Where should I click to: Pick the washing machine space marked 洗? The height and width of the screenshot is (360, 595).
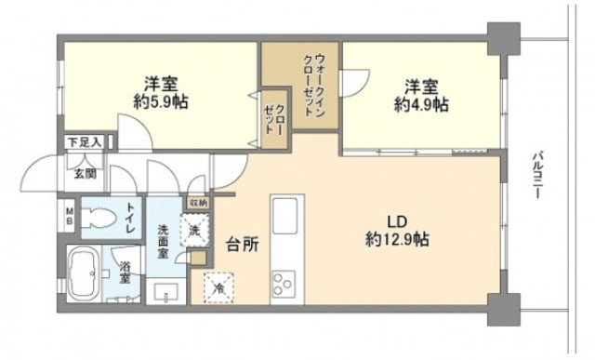pyautogui.click(x=196, y=230)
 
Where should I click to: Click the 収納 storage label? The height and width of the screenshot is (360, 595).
pyautogui.click(x=198, y=203)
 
